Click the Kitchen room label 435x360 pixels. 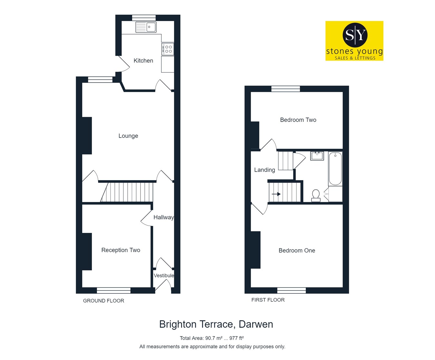[143, 61]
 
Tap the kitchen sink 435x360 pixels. [146, 27]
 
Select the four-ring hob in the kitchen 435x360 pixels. [168, 49]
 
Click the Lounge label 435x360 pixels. [128, 136]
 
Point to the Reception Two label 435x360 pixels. [121, 250]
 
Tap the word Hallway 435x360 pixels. [163, 217]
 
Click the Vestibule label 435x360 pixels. [164, 275]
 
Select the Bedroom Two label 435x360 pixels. [298, 120]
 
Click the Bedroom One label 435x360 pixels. [297, 251]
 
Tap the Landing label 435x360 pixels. [265, 170]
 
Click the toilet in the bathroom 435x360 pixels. [316, 195]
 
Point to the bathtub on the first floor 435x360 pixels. [335, 169]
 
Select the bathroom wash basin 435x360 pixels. [317, 156]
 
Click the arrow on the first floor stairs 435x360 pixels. [276, 194]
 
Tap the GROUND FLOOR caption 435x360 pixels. [103, 301]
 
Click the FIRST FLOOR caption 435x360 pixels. [268, 300]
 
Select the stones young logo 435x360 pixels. [354, 41]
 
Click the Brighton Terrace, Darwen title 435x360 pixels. [216, 324]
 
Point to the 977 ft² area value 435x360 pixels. [237, 338]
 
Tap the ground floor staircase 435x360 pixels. [127, 192]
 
